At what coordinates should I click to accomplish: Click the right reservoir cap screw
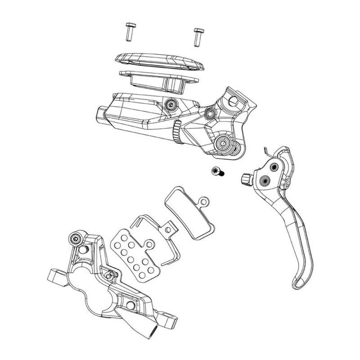coord(198,36)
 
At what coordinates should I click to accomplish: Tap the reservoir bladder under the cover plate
coord(155,81)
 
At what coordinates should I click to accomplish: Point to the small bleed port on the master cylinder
coord(171,104)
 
